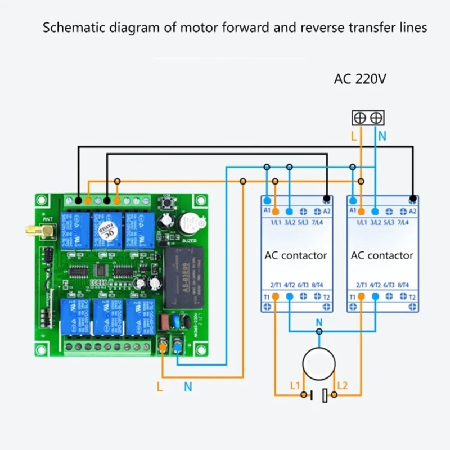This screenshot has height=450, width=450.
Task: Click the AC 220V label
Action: point(361,79)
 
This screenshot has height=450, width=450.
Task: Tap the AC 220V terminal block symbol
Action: point(368,118)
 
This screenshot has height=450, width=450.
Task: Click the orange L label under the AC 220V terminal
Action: point(353,136)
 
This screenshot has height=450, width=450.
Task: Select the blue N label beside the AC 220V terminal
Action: point(382,136)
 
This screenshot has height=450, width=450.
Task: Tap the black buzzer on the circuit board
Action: point(189,224)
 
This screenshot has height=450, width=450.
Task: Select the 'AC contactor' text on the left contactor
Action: point(295,255)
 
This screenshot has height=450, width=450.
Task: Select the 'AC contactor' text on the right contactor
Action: point(382,255)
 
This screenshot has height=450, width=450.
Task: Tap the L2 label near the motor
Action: point(343,385)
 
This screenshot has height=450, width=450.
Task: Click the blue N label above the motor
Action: point(319,323)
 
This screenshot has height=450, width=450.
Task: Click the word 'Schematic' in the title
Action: point(71,28)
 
